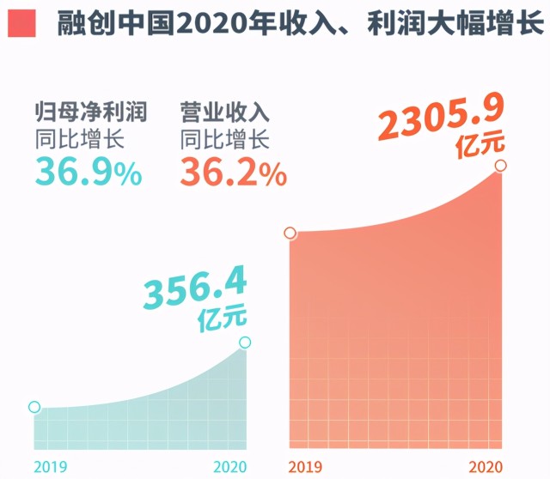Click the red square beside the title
(21, 23)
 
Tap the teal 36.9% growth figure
(88, 174)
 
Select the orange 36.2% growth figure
(233, 174)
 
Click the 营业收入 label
(225, 113)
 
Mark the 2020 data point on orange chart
(501, 165)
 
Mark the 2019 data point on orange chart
(290, 233)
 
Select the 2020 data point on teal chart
(246, 343)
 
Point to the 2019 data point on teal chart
(34, 407)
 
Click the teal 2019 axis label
(49, 466)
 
